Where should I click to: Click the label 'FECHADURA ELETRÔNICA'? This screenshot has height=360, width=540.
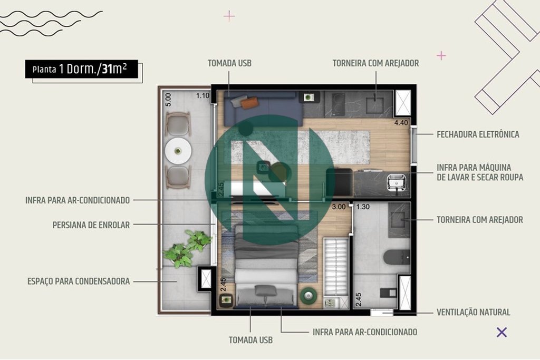[x=478, y=134]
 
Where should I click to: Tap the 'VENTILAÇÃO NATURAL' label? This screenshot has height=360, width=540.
[x=473, y=312]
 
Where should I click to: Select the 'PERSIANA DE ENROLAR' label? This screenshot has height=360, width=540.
[x=91, y=225]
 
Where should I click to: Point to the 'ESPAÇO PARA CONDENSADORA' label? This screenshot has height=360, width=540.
[x=79, y=281]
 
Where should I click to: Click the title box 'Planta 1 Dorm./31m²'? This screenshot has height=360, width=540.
[x=82, y=69]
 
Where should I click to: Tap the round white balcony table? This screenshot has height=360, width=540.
[x=178, y=151]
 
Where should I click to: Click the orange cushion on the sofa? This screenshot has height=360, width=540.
[x=249, y=103]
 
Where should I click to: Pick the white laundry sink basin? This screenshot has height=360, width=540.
[x=397, y=181]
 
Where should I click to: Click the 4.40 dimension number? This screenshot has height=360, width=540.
[x=401, y=123]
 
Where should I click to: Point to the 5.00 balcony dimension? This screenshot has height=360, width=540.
[x=168, y=100]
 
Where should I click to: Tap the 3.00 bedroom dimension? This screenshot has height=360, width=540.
[x=339, y=207]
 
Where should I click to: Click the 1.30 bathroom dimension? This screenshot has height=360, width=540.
[x=363, y=207]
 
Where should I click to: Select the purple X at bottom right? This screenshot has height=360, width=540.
[x=502, y=332]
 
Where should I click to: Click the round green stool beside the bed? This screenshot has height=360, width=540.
[x=308, y=295]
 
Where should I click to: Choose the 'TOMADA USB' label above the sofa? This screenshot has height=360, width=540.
[x=229, y=63]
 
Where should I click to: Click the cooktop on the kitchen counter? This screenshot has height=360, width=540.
[x=335, y=104]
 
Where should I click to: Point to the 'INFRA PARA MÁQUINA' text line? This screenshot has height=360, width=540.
[x=474, y=168]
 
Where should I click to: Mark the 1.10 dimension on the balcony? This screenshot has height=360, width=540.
[x=203, y=96]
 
